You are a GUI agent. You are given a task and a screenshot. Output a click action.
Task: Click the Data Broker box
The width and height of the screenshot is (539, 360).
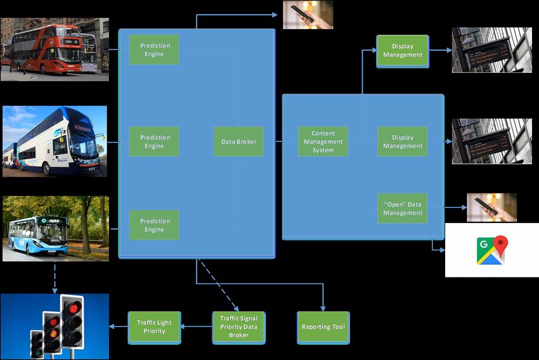tap(238, 141)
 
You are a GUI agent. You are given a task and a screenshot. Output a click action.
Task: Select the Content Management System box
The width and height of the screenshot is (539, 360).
tap(323, 141)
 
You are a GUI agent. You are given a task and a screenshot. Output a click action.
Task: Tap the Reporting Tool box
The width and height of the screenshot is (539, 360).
tap(323, 327)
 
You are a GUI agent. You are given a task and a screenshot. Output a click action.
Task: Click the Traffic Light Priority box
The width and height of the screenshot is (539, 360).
tap(154, 327)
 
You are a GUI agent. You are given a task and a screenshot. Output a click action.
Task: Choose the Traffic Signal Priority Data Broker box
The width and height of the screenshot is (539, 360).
tap(238, 327)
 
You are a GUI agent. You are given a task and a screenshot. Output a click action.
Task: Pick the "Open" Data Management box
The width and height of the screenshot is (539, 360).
tap(402, 208)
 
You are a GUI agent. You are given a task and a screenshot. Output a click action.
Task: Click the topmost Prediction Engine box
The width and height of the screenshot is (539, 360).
tap(154, 49)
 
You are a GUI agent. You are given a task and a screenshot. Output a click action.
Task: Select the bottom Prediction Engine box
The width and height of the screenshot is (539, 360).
tap(154, 225)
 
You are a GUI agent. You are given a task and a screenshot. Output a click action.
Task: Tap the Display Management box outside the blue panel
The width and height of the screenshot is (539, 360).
tap(402, 50)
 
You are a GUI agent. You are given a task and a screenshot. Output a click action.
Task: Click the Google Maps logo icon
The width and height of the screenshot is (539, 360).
tap(492, 250)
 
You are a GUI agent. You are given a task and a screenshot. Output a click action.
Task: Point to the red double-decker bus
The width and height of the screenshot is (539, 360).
tap(48, 49)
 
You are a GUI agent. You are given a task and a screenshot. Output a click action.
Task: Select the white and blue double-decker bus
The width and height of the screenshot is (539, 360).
tap(54, 141)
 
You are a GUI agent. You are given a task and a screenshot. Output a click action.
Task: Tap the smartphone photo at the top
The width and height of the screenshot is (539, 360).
tap(308, 14)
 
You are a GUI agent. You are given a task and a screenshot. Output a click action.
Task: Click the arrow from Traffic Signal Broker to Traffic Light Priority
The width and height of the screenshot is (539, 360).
tap(196, 327)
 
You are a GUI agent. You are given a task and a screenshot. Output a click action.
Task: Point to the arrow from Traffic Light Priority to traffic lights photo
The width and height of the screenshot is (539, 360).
tap(118, 327)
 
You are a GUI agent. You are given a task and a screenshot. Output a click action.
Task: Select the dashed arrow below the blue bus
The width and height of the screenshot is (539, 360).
tap(54, 276)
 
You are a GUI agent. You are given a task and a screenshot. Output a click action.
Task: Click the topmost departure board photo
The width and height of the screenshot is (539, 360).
tap(491, 49)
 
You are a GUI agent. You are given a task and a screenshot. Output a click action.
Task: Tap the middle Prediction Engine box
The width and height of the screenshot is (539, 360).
tap(154, 141)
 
